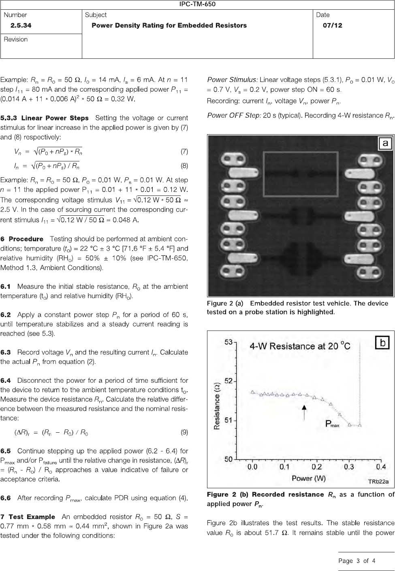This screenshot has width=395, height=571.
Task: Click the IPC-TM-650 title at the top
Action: pos(197,4)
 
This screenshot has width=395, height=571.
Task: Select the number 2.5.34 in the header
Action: pos(21,26)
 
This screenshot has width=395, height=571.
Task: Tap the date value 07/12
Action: pos(332,26)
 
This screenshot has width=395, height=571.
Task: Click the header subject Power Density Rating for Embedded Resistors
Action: pos(169,26)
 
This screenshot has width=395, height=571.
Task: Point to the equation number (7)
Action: pos(184,152)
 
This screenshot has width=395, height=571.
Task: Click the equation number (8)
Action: pos(184,165)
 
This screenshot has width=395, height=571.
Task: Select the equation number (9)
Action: pos(184,432)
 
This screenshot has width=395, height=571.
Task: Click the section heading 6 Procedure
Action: pos(22,239)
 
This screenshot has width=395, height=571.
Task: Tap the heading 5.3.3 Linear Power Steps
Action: pos(45,118)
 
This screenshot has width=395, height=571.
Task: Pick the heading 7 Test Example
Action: pos(28,517)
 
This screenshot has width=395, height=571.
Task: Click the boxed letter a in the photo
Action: pos(384,143)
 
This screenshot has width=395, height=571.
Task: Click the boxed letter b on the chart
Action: pos(382,343)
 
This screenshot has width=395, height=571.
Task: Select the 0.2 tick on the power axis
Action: pos(316,467)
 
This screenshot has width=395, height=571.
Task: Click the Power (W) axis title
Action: pos(309,478)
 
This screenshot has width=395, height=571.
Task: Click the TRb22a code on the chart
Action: pos(378,482)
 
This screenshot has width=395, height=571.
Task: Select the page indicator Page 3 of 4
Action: pos(357,561)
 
